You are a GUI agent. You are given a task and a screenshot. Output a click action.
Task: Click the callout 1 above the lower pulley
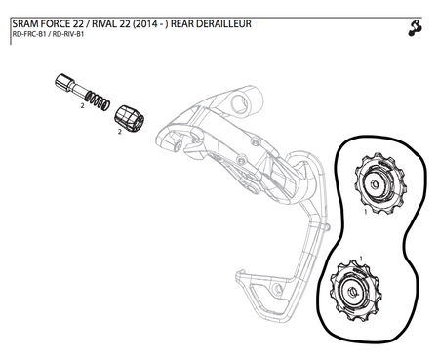coord(363,258)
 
